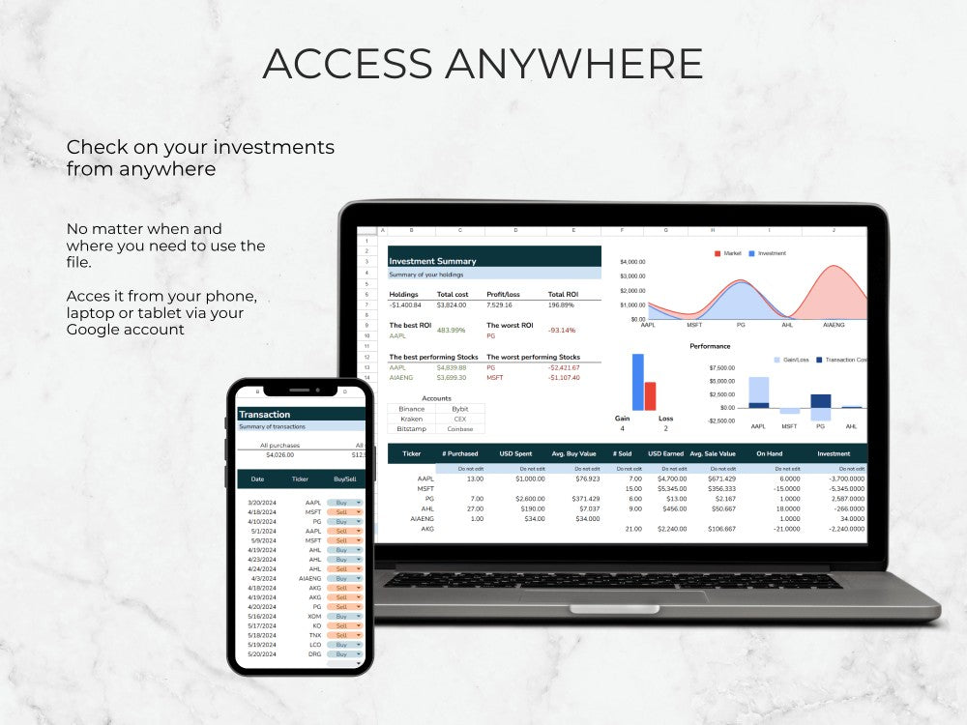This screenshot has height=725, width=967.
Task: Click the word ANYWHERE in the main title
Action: (x=573, y=64)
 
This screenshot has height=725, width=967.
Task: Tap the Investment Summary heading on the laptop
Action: (x=431, y=261)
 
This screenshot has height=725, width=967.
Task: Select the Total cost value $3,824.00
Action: (x=452, y=305)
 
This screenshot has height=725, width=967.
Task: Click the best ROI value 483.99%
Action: (x=451, y=331)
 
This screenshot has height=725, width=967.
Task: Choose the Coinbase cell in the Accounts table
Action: (x=459, y=428)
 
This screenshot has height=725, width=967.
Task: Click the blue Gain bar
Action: (x=638, y=382)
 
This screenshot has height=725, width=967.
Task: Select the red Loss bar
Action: (x=650, y=396)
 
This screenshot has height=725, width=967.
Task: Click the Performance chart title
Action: (x=710, y=346)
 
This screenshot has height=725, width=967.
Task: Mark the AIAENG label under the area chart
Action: (x=834, y=325)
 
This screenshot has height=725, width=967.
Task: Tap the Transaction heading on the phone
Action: (x=264, y=415)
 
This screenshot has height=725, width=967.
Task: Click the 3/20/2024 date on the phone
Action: (x=262, y=503)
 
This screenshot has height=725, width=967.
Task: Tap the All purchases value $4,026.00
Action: (x=279, y=454)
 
